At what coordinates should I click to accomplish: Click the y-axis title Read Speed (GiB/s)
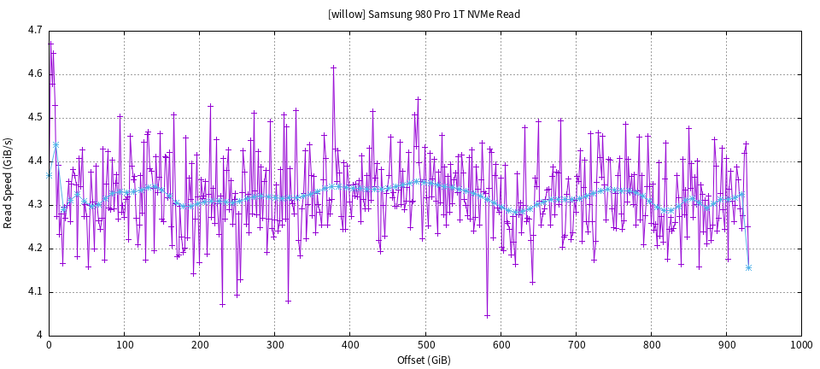coord(9,183)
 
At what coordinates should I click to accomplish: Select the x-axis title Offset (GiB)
coord(425,360)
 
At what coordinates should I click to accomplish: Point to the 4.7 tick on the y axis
coord(34,30)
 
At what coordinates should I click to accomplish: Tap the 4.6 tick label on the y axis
coord(34,73)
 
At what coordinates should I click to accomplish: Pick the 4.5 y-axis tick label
coord(34,117)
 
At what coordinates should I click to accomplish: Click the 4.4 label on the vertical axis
coord(34,161)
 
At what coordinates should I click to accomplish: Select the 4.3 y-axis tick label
coord(34,204)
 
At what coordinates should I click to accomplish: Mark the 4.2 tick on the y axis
coord(34,248)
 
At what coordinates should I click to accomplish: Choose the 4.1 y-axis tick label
coord(34,291)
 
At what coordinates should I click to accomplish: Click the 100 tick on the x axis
coord(124,345)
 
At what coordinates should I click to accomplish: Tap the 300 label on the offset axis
coord(274,345)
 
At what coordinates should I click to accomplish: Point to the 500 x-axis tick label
coord(425,345)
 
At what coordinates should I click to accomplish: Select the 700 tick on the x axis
coord(576,345)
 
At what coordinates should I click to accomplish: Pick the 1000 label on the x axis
coord(801,345)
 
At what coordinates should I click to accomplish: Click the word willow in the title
coord(347,15)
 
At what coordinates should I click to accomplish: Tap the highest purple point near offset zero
coord(50,43)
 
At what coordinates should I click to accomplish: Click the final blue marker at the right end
coord(748,268)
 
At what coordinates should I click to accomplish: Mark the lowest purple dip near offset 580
coord(487,315)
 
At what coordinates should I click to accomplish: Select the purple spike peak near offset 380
coord(333,67)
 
